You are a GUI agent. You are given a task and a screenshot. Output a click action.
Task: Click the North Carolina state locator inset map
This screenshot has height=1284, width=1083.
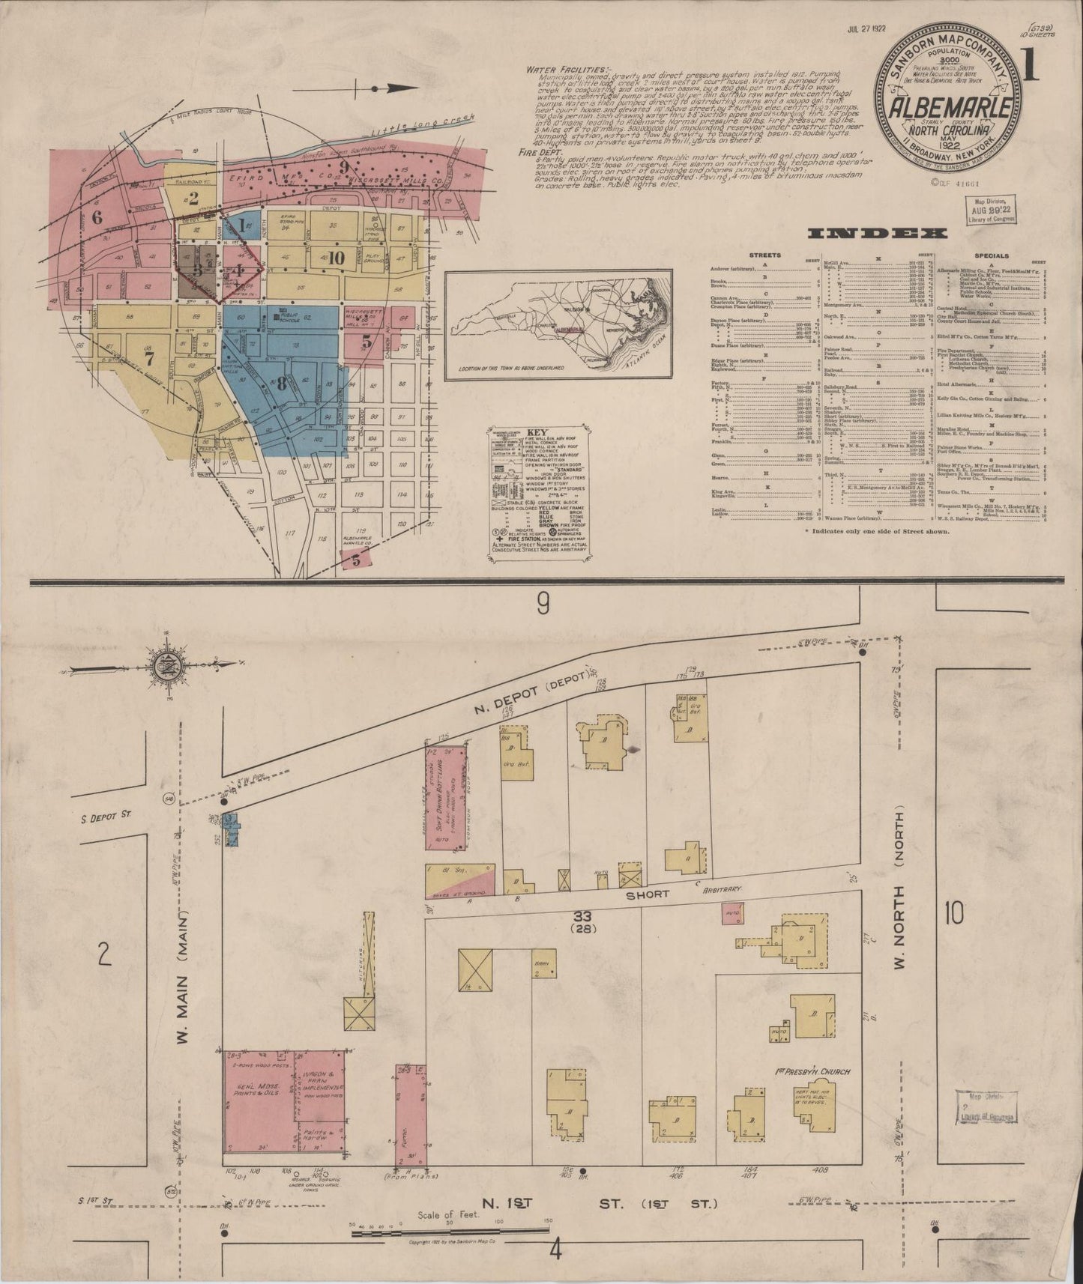(558, 323)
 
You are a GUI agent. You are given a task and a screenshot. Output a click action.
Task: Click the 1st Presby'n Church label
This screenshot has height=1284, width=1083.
(812, 1072)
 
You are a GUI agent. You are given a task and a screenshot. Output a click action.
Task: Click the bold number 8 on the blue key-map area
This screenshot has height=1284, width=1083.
(281, 385)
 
